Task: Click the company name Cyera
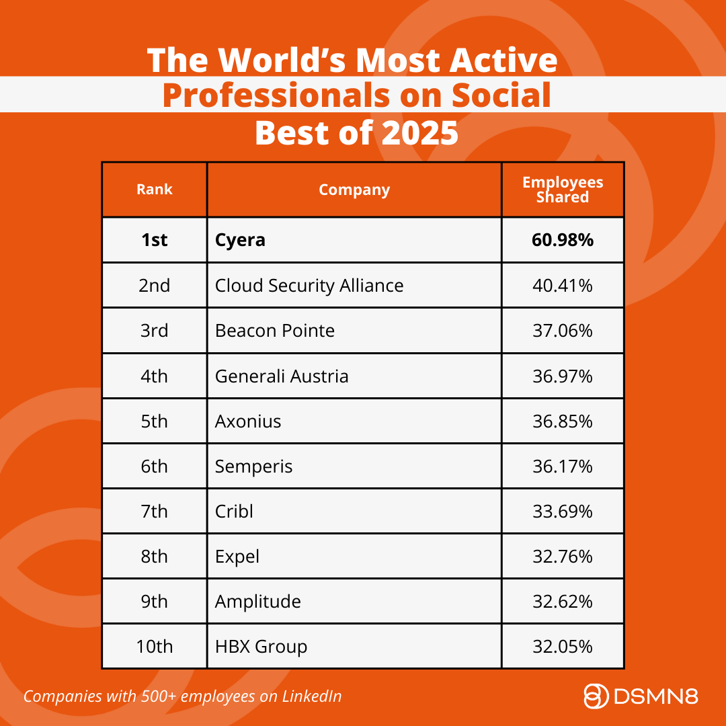point(240,240)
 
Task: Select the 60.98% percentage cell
point(563,240)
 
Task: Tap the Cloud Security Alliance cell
point(309,286)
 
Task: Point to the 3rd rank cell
point(155,331)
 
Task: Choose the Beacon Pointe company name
point(275,331)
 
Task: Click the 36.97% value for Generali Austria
point(563,376)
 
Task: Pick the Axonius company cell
point(248,421)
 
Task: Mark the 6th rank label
point(155,467)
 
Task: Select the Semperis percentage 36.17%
point(563,467)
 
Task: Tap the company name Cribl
point(234,512)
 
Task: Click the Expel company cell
point(237,557)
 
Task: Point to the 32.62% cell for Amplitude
point(563,602)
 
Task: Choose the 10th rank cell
point(155,647)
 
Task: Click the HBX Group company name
point(261,647)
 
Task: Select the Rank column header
point(155,190)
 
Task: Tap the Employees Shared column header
point(563,190)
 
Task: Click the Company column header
point(354,190)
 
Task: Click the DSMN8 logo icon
point(596,696)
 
